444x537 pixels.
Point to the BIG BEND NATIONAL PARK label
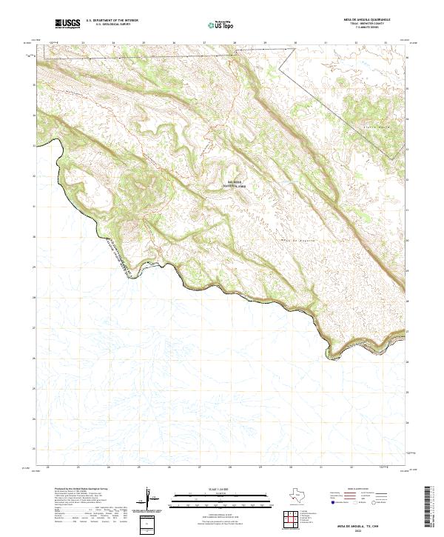coord(236,186)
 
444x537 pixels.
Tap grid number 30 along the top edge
coord(295,43)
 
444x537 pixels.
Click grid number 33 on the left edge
coord(34,145)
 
